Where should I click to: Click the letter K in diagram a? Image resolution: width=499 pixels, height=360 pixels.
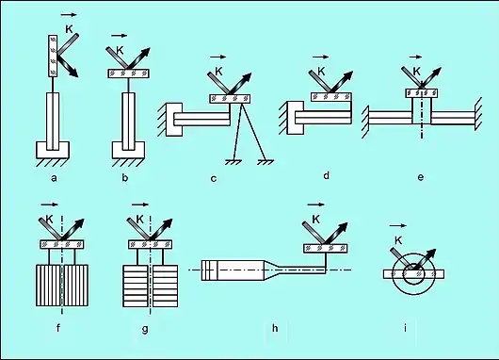point(69,29)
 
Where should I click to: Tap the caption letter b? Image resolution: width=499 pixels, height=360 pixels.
point(125,178)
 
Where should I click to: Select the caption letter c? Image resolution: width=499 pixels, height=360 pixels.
point(214,179)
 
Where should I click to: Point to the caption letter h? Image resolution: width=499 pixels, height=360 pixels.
point(275,328)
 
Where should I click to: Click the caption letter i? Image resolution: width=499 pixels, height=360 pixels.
point(405,328)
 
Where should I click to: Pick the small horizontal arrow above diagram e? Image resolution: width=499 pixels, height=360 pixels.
point(415,57)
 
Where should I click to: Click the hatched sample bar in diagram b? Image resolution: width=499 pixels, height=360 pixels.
point(129,74)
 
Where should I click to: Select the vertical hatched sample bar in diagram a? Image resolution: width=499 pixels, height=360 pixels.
point(53,56)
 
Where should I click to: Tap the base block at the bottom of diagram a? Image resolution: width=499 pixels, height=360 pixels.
point(53,150)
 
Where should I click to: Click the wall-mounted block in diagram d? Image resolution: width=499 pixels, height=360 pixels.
point(296,118)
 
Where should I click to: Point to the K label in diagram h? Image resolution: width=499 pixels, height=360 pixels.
point(315,220)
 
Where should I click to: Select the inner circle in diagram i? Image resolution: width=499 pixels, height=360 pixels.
point(413,274)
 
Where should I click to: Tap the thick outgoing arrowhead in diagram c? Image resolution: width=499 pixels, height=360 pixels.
point(247,77)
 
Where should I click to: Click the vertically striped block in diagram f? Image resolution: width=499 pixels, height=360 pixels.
point(62,286)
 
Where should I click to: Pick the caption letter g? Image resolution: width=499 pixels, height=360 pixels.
point(145,329)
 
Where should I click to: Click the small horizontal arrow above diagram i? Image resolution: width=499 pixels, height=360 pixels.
point(398,225)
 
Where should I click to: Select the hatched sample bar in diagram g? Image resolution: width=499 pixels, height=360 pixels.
point(151,244)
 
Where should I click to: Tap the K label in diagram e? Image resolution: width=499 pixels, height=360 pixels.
point(416,72)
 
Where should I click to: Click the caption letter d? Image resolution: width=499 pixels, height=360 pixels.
point(326,175)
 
